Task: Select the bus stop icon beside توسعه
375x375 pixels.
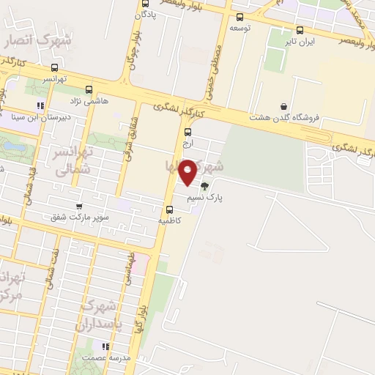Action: (x=240, y=16)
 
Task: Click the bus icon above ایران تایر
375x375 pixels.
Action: (x=300, y=30)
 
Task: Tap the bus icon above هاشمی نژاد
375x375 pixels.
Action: (x=89, y=89)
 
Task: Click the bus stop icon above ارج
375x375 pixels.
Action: (x=188, y=133)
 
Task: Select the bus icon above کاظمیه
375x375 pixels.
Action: (x=170, y=210)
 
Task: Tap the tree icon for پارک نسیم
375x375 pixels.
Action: (x=205, y=186)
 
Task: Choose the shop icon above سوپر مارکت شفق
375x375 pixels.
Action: (x=78, y=207)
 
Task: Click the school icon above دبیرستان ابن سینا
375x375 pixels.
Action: (x=49, y=105)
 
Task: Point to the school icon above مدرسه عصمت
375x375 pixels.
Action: (x=105, y=346)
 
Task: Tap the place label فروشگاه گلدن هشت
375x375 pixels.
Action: (x=283, y=117)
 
